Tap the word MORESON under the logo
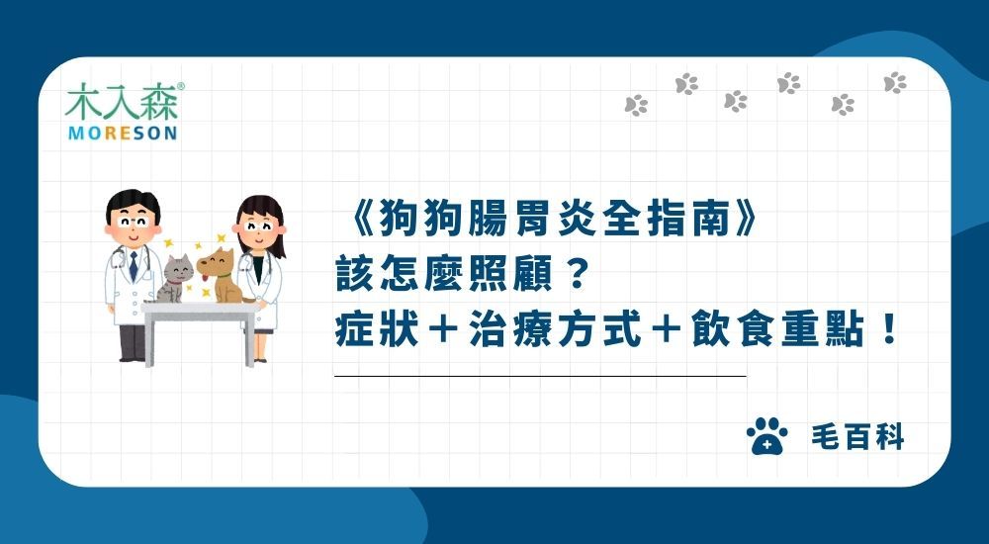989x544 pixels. (x=122, y=133)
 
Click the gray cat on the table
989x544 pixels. (x=175, y=278)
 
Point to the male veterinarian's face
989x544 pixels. (x=132, y=219)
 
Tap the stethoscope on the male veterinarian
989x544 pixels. (x=121, y=259)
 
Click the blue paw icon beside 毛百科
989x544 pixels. (x=765, y=436)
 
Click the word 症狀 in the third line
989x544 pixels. (x=377, y=328)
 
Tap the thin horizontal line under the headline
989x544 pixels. (x=540, y=377)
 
